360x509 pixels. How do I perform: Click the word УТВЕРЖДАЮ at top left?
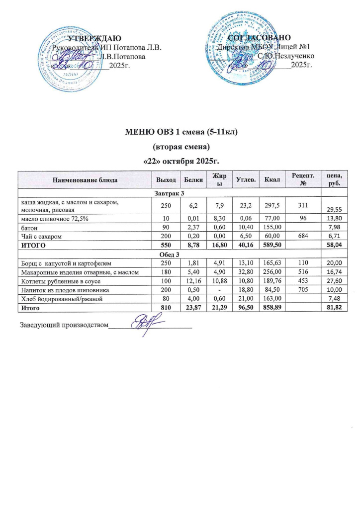click(x=94, y=38)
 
